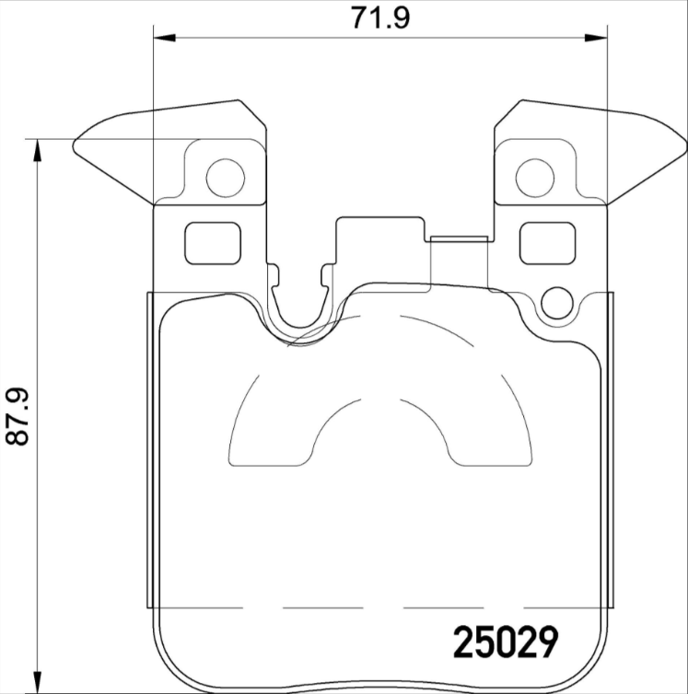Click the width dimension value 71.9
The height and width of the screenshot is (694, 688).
pos(379,17)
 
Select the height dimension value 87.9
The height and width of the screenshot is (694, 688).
pos(17,417)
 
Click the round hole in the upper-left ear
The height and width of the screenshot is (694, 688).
pos(225,177)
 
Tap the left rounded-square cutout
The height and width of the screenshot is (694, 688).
pos(214,243)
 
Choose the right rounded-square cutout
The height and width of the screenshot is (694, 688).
pos(547,243)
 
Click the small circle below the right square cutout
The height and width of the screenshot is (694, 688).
pos(557,303)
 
